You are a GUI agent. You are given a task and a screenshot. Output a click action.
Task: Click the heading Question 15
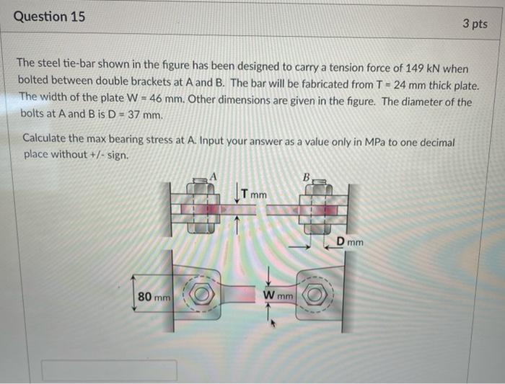50,16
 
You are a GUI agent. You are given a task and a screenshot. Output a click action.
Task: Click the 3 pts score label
474,24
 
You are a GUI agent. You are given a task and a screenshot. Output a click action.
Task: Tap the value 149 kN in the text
419,68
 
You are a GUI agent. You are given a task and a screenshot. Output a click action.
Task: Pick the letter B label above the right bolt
306,176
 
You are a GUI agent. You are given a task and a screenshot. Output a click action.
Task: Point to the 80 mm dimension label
154,296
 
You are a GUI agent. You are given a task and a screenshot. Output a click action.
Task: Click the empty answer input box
89,371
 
